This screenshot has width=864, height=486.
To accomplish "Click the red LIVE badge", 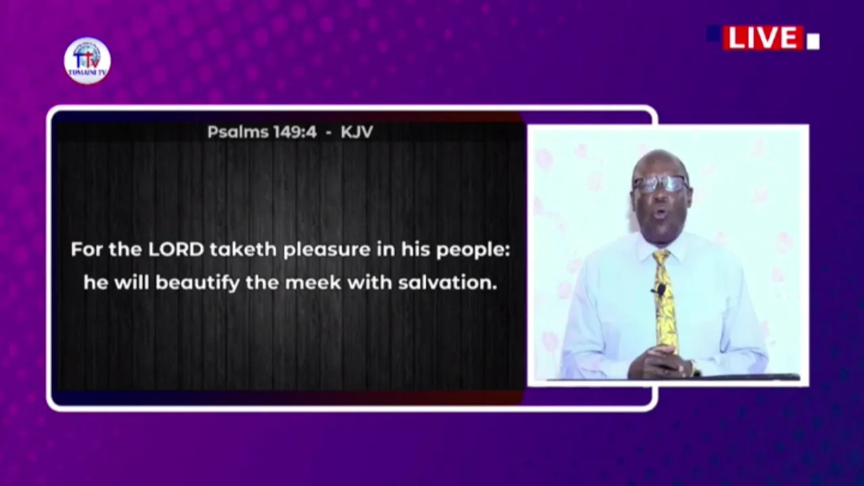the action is pos(763,38).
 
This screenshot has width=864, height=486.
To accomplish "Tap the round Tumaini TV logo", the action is pos(87,61).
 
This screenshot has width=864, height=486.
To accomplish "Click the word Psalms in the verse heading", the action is pos(238,132).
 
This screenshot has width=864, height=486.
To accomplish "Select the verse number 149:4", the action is pos(295,132).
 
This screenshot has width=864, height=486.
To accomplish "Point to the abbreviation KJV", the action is pos(357,132).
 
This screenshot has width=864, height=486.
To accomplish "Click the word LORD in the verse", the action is pos(176,250).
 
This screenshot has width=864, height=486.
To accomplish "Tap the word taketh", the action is pos(244,250).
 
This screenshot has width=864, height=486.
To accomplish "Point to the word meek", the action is pos(313,283).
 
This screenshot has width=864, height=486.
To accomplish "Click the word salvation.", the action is pos(448,283).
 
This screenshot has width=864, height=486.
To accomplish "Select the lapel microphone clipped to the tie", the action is pos(660,290).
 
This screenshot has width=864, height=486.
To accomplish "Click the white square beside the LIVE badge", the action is pos(813,42).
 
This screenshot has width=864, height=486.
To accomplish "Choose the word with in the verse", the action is pos(370,283).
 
